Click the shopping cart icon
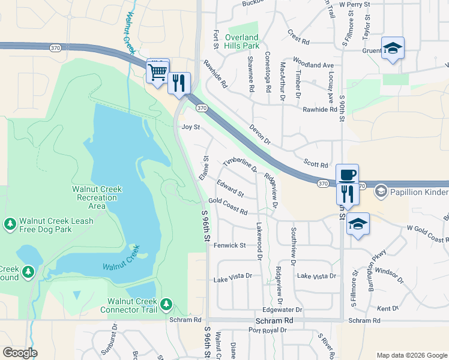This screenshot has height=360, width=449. pyautogui.click(x=157, y=72)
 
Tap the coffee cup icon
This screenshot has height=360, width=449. pyautogui.click(x=347, y=175)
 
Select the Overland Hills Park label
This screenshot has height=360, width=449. pyautogui.click(x=242, y=41)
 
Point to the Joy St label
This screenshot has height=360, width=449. pyautogui.click(x=190, y=127)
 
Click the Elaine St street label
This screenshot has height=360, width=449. pyautogui.click(x=204, y=168)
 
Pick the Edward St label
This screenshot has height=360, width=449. pyautogui.click(x=231, y=189)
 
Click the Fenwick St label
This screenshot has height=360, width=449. pyautogui.click(x=230, y=245)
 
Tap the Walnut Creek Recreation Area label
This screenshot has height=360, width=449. pyautogui.click(x=97, y=197)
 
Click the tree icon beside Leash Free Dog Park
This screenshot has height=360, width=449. pyautogui.click(x=10, y=224)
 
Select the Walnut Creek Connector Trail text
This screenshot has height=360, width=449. pyautogui.click(x=132, y=305)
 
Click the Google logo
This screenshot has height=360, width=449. pyautogui.click(x=20, y=353)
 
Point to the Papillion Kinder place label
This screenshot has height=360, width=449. pyautogui.click(x=419, y=192)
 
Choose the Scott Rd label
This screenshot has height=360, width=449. pyautogui.click(x=316, y=164)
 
